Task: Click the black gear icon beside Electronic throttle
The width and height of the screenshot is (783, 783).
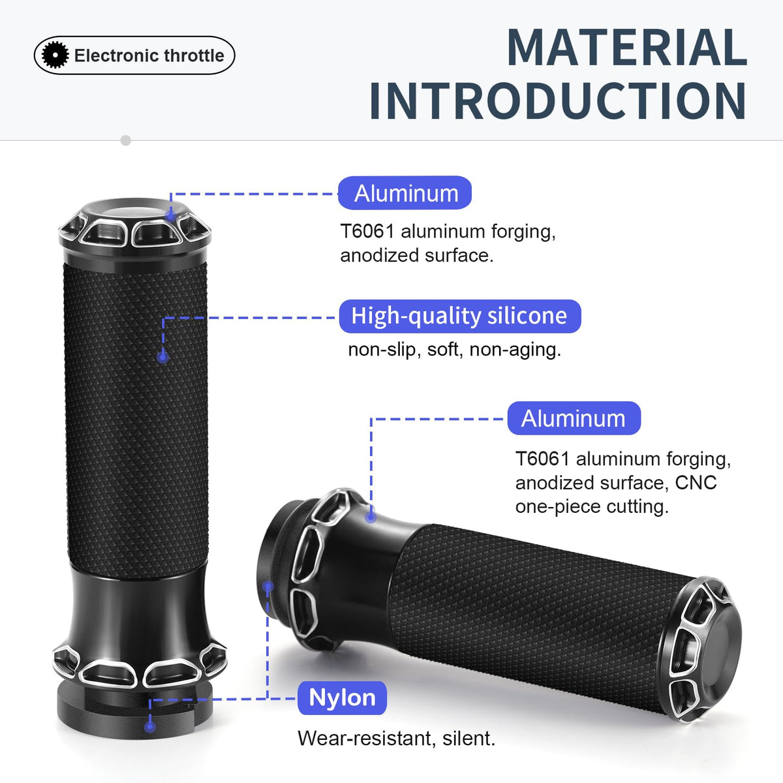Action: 55,55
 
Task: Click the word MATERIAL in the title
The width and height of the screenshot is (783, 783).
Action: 627,47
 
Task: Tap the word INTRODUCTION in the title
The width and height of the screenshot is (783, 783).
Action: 558,100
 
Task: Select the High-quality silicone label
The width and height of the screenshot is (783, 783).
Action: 460,316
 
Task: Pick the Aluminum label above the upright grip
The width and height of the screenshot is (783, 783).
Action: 405,192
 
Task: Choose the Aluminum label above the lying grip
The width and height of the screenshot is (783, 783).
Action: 574,418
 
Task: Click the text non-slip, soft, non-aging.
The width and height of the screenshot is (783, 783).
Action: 455,350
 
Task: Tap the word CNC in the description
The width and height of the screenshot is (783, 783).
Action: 696,483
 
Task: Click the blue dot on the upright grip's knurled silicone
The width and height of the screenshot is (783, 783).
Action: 163,357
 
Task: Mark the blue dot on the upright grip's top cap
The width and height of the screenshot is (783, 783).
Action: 171,215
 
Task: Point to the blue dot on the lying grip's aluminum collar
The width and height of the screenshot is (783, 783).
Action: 370,517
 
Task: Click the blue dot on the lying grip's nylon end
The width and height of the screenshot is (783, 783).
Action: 268,586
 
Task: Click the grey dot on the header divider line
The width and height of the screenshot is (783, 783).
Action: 126,140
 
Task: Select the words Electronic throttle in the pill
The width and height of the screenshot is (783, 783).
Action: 149,55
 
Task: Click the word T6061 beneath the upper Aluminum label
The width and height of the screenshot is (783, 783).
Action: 367,232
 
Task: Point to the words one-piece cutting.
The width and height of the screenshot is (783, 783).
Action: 592,507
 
